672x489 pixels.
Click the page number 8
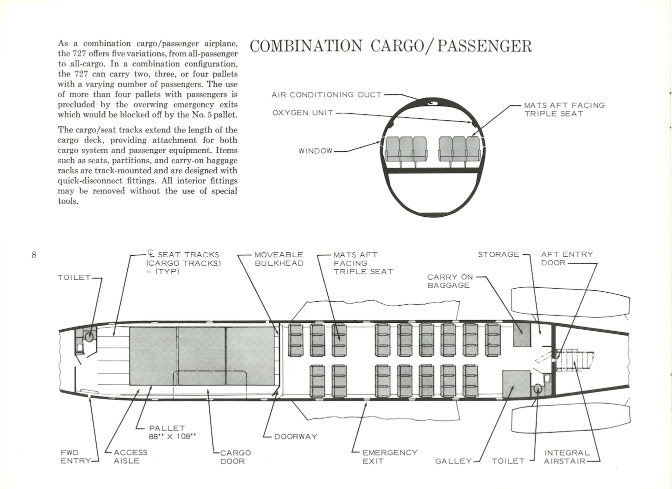pyautogui.click(x=34, y=255)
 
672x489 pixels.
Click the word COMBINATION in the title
pyautogui.click(x=306, y=46)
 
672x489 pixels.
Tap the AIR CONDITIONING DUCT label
pyautogui.click(x=326, y=95)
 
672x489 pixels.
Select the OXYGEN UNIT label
pyautogui.click(x=302, y=113)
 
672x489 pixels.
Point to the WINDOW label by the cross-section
pyautogui.click(x=315, y=151)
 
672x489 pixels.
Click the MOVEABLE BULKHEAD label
pyautogui.click(x=279, y=259)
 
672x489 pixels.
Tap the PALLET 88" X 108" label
pyautogui.click(x=172, y=433)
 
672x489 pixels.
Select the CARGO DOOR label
pyautogui.click(x=235, y=457)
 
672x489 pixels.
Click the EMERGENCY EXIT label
pyautogui.click(x=390, y=457)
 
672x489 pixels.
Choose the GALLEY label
pyautogui.click(x=453, y=461)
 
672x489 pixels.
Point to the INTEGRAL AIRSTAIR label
pyautogui.click(x=567, y=457)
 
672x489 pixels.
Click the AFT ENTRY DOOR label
pyautogui.click(x=567, y=259)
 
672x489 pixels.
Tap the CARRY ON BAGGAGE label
pyautogui.click(x=450, y=281)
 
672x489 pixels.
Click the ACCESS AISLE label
pyautogui.click(x=130, y=457)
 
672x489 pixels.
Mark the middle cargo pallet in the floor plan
pyautogui.click(x=201, y=356)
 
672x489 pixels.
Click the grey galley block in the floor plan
pyautogui.click(x=516, y=384)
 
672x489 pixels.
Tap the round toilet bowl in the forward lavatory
pyautogui.click(x=89, y=337)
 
